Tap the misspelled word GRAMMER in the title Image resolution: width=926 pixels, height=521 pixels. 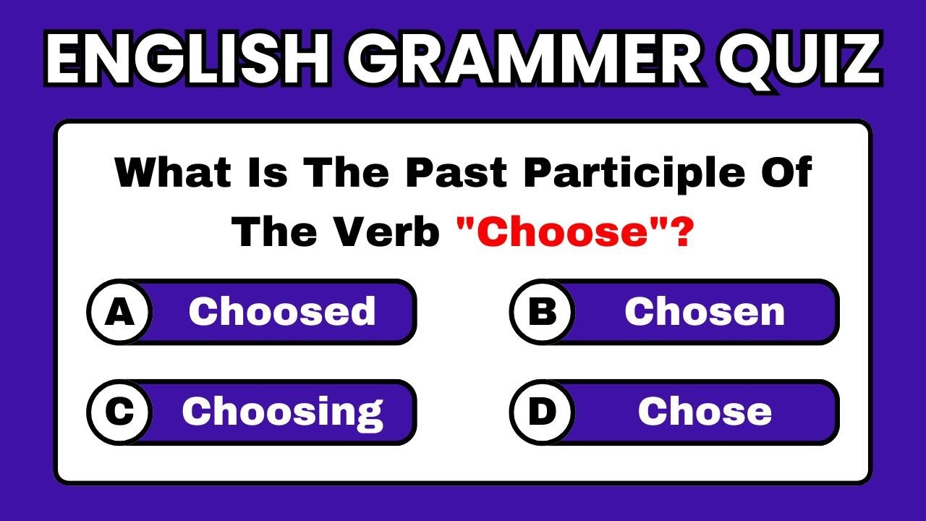pos(525,58)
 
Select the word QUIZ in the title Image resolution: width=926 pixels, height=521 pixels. pos(801,60)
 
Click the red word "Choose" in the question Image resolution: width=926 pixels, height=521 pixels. pos(562,232)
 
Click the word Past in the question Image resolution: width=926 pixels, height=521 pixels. pos(456,172)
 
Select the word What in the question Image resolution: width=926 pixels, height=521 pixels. pos(173,172)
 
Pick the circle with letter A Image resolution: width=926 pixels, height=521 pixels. pos(119,312)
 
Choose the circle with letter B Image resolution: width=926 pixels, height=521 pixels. pos(543,312)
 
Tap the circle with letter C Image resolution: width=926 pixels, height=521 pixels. pos(119,412)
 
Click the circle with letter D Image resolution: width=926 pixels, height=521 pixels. pos(543,412)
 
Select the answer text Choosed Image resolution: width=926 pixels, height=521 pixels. pos(282,311)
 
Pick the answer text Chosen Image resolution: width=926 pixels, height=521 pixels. pos(705,312)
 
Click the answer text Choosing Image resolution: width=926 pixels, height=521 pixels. pos(282,413)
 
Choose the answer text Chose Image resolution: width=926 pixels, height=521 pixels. pos(705,411)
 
